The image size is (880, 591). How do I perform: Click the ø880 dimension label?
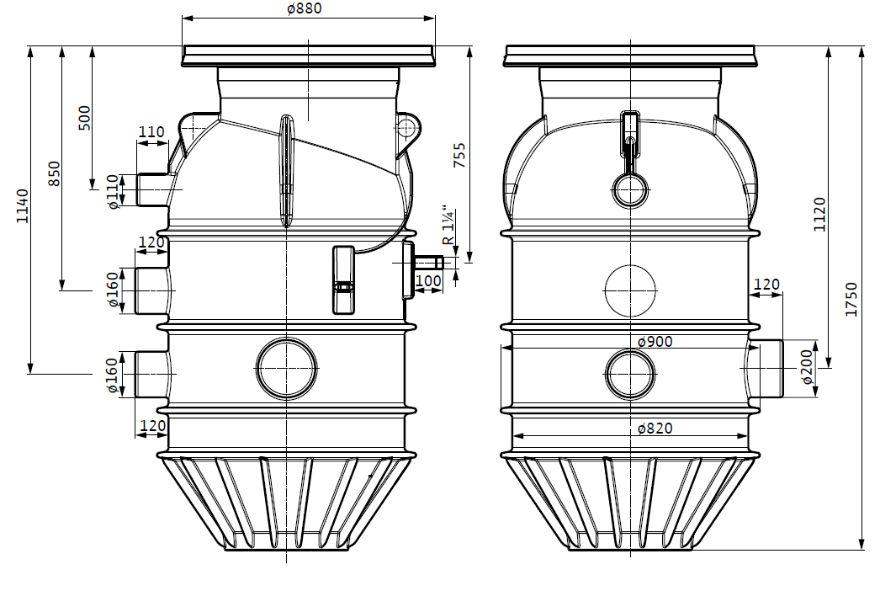(305, 8)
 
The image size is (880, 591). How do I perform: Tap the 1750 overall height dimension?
(851, 300)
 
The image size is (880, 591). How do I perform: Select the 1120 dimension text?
(820, 214)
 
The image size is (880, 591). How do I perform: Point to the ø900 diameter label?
(655, 341)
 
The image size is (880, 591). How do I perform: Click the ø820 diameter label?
(655, 428)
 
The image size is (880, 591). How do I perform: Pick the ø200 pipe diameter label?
(807, 366)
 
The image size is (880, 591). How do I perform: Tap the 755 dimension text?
(459, 155)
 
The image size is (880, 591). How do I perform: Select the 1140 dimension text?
(22, 206)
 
